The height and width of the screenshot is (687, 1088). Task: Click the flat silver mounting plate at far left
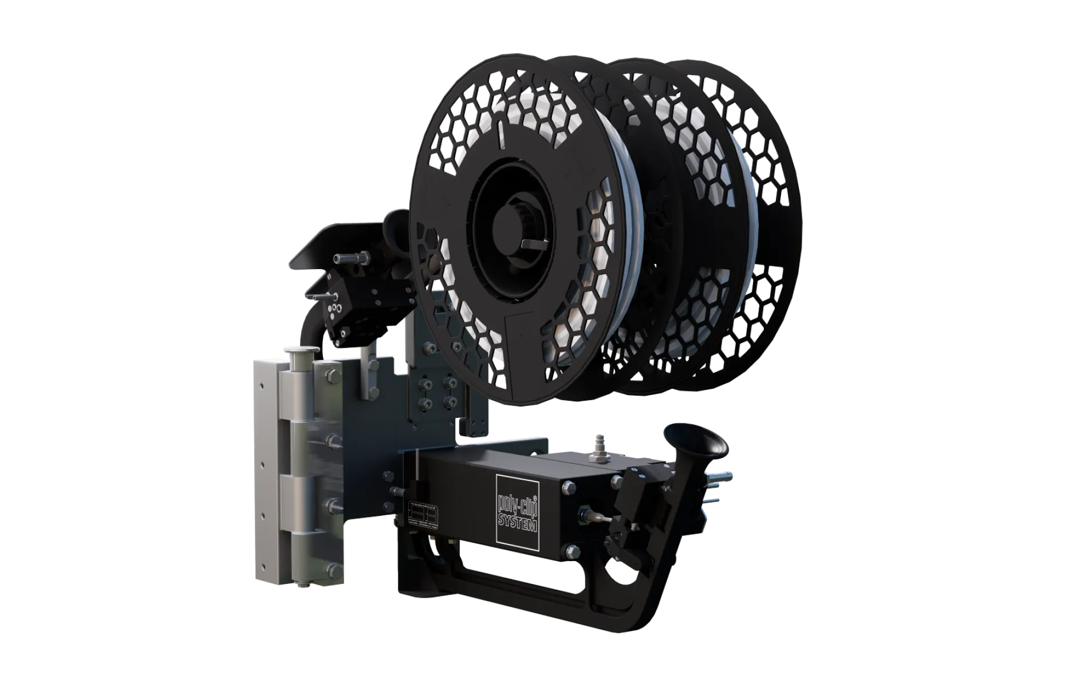266,464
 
